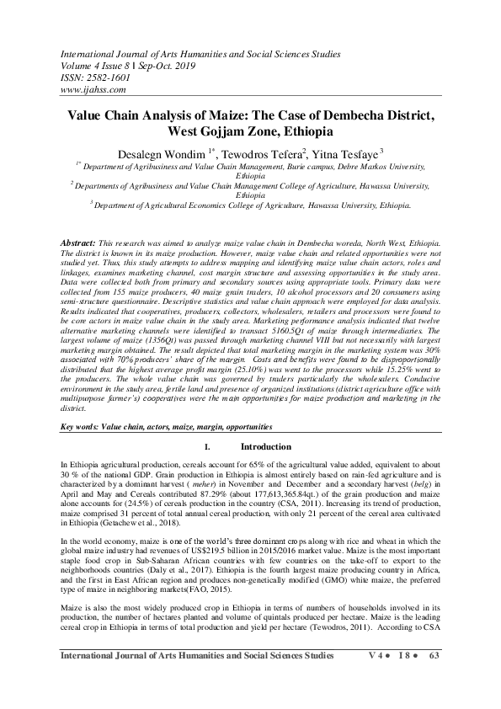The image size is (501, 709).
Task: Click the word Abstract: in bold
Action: coord(81,243)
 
